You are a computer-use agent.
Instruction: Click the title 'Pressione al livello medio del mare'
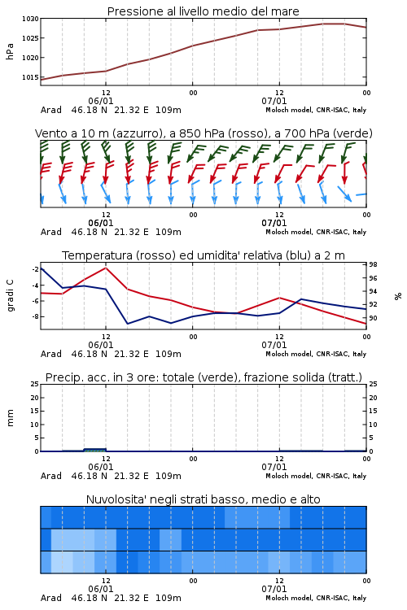pyautogui.click(x=203, y=11)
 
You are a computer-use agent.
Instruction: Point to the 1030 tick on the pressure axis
pyautogui.click(x=30, y=19)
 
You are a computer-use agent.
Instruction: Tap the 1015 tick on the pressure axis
pyautogui.click(x=30, y=77)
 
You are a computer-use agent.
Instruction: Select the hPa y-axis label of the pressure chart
pyautogui.click(x=10, y=51)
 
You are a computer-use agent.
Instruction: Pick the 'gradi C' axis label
pyautogui.click(x=10, y=295)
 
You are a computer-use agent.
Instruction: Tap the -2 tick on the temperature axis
pyautogui.click(x=35, y=269)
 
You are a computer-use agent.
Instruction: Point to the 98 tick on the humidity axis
pyautogui.click(x=373, y=264)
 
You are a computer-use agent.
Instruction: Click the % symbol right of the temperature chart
pyautogui.click(x=398, y=296)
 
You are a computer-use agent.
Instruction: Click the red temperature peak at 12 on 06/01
pyautogui.click(x=106, y=268)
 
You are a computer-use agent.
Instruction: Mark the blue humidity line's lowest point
pyautogui.click(x=127, y=324)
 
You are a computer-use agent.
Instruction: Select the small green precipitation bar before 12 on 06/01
pyautogui.click(x=95, y=450)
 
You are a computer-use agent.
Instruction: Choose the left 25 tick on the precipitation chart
pyautogui.click(x=35, y=384)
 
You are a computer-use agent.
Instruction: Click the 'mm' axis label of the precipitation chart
pyautogui.click(x=10, y=417)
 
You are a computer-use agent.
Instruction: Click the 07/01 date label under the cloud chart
pyautogui.click(x=274, y=589)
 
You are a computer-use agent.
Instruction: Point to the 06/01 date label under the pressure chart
pyautogui.click(x=100, y=101)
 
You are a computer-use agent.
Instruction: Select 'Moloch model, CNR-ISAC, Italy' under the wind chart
pyautogui.click(x=316, y=232)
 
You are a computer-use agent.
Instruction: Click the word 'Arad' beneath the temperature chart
pyautogui.click(x=51, y=354)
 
